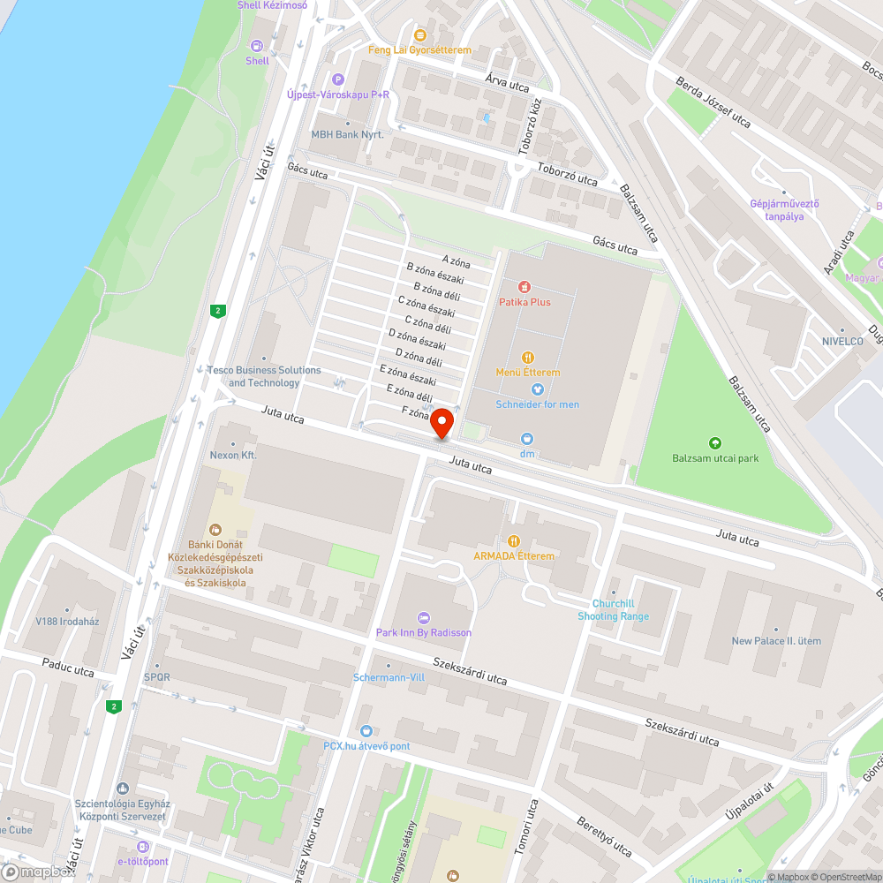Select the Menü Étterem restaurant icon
(528, 358)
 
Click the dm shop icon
(527, 439)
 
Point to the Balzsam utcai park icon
(714, 443)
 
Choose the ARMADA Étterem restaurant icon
(514, 541)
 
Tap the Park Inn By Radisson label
(424, 632)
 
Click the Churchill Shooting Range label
(614, 610)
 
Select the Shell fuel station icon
(258, 46)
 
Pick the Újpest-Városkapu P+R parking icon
(336, 79)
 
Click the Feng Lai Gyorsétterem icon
(420, 36)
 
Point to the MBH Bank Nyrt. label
(347, 135)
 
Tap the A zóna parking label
(457, 261)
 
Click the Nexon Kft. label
(232, 456)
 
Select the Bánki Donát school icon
(215, 530)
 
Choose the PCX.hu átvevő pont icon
(366, 731)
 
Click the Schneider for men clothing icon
(537, 389)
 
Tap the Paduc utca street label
(67, 672)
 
